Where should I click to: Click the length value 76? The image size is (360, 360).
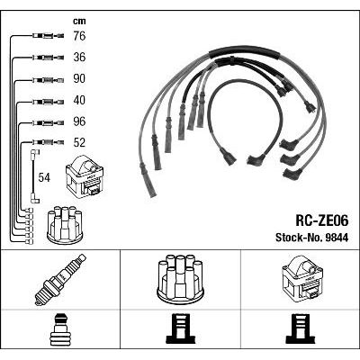pyautogui.click(x=79, y=36)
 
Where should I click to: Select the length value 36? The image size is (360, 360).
pyautogui.click(x=79, y=58)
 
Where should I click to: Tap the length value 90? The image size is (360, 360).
pyautogui.click(x=79, y=78)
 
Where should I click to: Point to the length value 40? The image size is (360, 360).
pyautogui.click(x=79, y=100)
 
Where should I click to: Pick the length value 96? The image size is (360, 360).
pyautogui.click(x=79, y=121)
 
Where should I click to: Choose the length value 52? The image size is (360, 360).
pyautogui.click(x=79, y=143)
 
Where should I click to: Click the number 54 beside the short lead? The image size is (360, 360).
pyautogui.click(x=44, y=177)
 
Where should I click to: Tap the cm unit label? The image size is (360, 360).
pyautogui.click(x=79, y=22)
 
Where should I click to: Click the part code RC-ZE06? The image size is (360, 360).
pyautogui.click(x=322, y=221)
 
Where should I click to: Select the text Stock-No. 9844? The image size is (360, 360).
pyautogui.click(x=312, y=238)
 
